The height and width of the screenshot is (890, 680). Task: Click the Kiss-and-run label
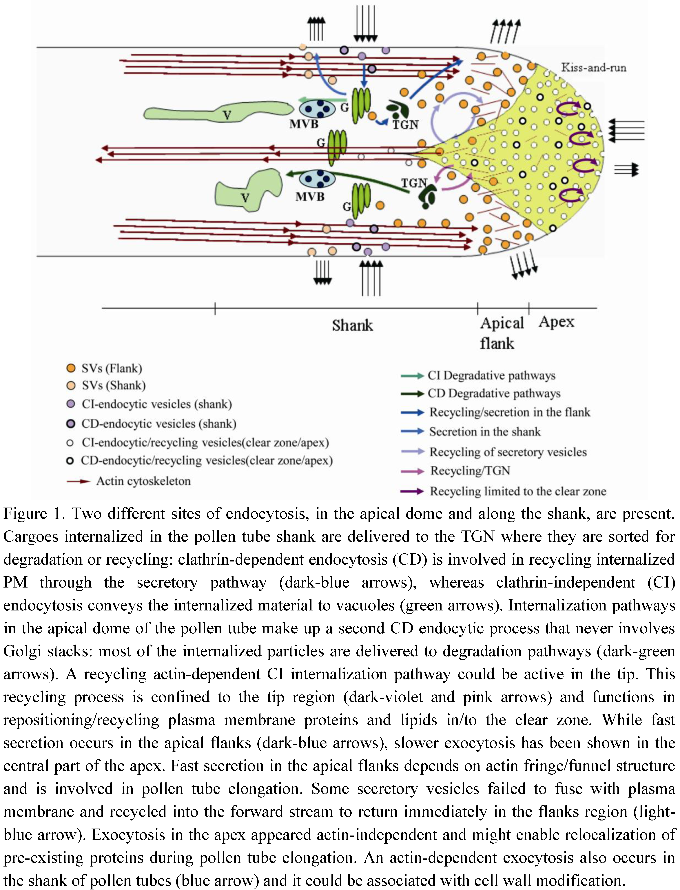pyautogui.click(x=593, y=68)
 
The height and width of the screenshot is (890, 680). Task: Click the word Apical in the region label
pyautogui.click(x=502, y=323)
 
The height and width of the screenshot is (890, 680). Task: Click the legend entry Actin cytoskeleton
pyautogui.click(x=143, y=481)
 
